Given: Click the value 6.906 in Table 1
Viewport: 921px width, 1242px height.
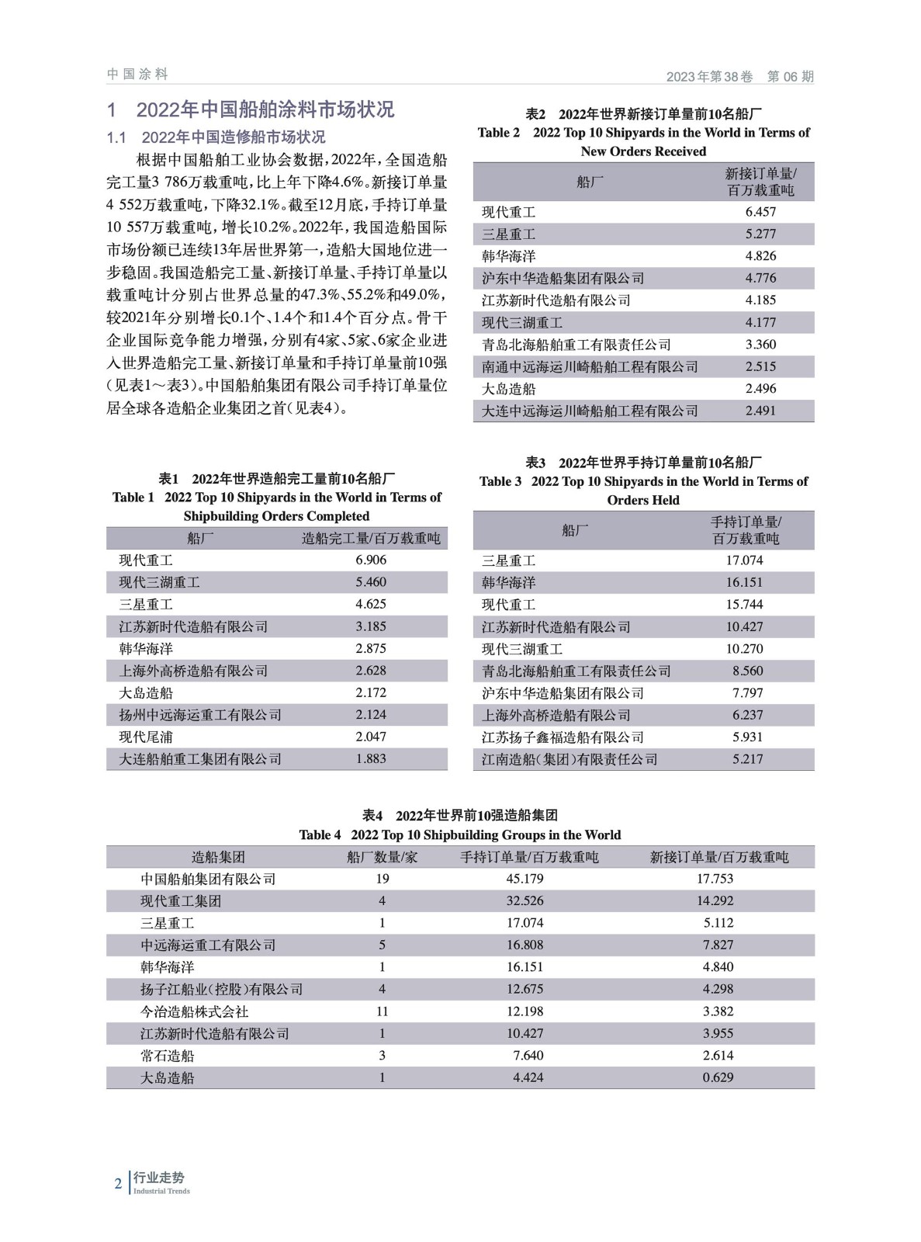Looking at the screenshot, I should point(371,560).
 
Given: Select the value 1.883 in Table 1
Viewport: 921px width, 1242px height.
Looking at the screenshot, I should point(371,759).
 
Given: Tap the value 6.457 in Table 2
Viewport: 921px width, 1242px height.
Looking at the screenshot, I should point(760,212).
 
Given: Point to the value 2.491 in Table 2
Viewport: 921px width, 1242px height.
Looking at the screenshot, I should point(760,411).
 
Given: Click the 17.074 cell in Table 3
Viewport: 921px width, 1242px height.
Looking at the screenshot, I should point(744,560).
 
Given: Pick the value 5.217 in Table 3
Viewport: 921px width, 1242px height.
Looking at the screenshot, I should point(747,759).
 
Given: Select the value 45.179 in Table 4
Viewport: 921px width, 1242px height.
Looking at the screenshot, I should point(525,879).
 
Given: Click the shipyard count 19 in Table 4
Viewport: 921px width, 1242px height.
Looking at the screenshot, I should point(382,879).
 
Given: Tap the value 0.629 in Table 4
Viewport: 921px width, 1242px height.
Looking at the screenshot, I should point(718,1077).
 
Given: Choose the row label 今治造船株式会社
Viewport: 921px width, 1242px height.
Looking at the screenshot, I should point(194,1011).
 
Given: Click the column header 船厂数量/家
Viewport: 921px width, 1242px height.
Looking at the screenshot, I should point(382,857).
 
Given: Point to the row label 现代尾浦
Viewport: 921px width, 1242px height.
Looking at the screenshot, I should point(146,737).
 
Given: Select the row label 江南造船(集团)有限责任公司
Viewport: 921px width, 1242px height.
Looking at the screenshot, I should point(570,759).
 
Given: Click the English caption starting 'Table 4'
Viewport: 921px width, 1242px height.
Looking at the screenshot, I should point(460,835).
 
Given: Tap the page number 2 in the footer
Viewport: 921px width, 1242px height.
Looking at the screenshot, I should point(118,1184).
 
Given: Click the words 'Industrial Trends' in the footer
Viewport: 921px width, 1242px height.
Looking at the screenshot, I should point(161,1191).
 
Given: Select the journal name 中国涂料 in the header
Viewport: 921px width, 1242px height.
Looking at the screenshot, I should point(137,75).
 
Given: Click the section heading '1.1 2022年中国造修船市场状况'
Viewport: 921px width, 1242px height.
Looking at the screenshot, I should point(216,137).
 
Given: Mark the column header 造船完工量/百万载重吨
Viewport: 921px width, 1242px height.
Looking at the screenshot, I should point(371,538).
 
